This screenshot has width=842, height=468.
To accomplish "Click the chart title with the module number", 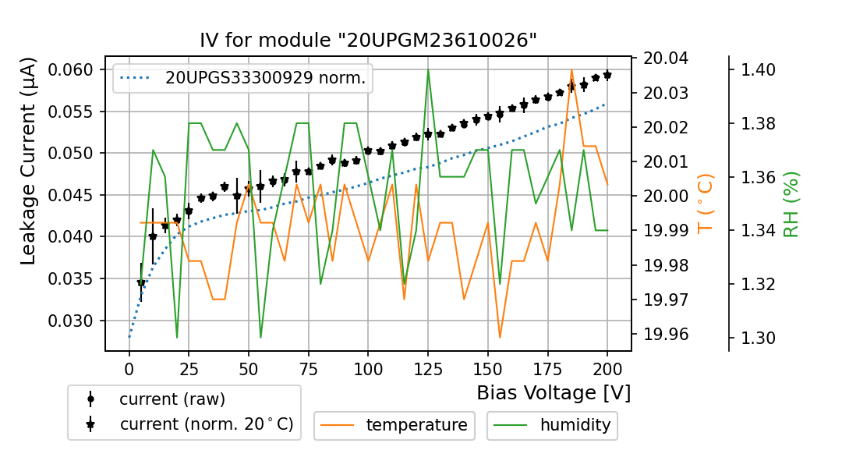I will coord(368,41).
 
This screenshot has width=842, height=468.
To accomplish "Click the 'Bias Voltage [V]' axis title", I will coord(554,392).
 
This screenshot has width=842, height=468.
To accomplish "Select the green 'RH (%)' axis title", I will coord(791,204).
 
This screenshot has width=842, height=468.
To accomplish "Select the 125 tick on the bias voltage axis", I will coord(428,365).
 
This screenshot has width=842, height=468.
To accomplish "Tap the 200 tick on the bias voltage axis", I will coord(607,365).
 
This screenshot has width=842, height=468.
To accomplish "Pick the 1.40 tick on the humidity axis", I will coord(756,69).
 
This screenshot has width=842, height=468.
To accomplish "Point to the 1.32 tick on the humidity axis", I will coord(756,284).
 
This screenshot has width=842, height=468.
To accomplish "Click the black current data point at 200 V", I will coord(607,75).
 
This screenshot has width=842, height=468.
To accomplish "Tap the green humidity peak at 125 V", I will coord(428,70).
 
